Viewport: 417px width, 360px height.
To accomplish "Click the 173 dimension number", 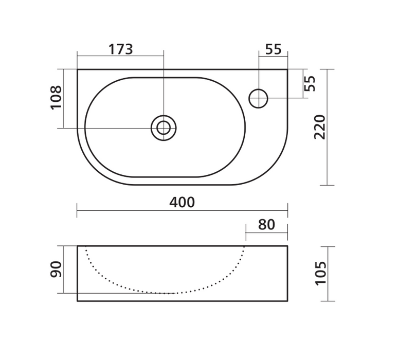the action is pos(120,49).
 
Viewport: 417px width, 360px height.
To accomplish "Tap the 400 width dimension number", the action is pos(182,202).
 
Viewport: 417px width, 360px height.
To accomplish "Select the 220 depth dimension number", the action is pos(320,127).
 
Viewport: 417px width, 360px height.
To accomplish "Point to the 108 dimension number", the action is pos(56,97).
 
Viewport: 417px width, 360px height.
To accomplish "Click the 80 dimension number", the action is pos(266,225).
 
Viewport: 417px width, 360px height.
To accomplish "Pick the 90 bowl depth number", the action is pos(56,269).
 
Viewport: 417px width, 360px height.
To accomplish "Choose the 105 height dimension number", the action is pos(320,274).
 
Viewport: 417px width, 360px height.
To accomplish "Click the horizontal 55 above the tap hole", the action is pos(274,49).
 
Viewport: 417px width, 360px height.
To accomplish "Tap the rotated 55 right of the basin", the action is pos(310,83).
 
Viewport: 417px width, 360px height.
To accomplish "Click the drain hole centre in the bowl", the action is pos(164,128).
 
